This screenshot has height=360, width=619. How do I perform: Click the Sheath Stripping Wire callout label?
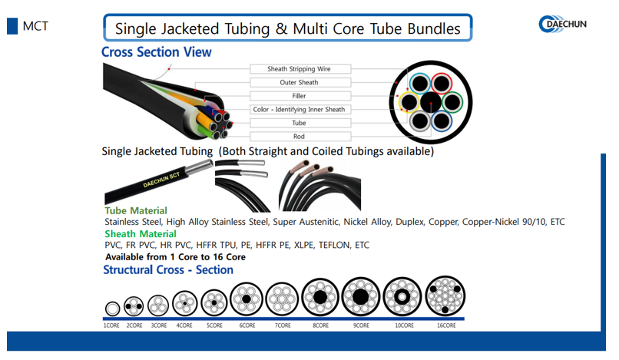click(299, 69)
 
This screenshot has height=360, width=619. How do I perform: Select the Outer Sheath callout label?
click(299, 83)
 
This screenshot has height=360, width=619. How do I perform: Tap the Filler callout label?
click(299, 96)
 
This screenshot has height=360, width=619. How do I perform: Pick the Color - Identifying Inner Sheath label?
click(299, 110)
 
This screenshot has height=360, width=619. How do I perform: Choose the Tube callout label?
click(299, 123)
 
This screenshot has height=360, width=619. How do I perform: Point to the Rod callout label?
click(299, 137)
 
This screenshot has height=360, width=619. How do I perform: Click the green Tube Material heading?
click(136, 210)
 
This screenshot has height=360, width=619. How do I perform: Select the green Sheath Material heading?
click(141, 233)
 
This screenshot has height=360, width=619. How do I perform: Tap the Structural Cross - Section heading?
click(168, 269)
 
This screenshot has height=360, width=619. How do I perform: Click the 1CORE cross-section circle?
click(112, 309)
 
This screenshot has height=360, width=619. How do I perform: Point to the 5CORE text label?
click(214, 325)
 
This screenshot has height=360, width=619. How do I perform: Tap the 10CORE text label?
click(403, 325)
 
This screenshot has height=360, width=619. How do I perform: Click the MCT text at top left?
click(35, 25)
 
